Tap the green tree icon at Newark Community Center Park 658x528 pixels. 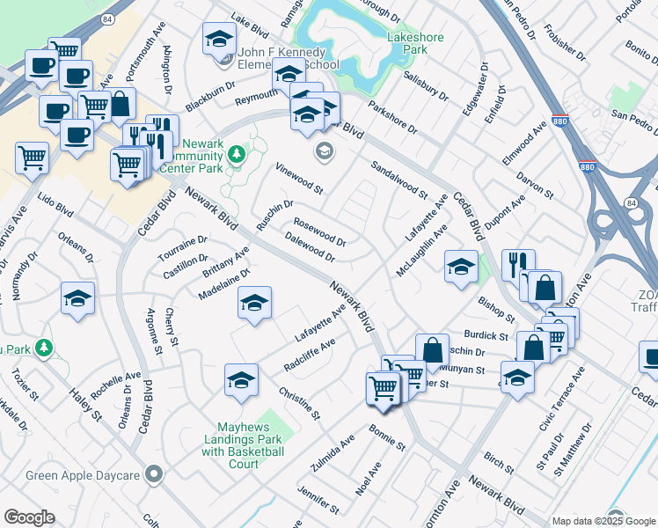235,155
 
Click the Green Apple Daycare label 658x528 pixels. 84,476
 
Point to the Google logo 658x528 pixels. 29,517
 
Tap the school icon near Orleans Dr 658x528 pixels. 77,297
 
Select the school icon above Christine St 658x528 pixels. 241,379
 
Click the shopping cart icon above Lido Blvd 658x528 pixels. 32,158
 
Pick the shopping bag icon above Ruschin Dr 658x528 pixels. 432,348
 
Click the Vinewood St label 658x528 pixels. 299,179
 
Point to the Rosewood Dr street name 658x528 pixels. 319,231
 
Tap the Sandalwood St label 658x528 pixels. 398,180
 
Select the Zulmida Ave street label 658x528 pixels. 332,452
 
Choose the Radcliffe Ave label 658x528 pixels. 310,355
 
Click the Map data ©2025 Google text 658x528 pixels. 603,521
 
